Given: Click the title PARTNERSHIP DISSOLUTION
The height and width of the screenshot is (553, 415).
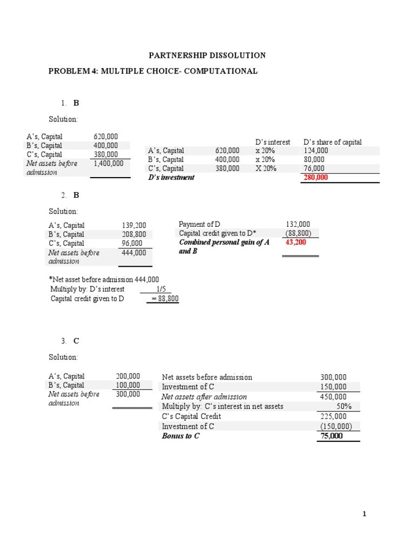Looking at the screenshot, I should (x=207, y=55).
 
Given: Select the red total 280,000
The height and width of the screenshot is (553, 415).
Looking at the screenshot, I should (x=316, y=177).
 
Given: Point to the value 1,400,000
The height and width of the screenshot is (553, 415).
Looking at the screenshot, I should (x=109, y=163).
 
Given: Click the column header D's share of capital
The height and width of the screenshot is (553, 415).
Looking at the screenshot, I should (x=332, y=142).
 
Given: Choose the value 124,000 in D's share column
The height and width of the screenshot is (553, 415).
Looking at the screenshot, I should (x=316, y=151).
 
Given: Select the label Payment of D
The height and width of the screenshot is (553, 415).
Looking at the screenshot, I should (x=199, y=224).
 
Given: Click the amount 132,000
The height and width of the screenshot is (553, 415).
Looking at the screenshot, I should (x=298, y=224).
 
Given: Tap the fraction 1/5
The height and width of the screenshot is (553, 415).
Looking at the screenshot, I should (x=160, y=289).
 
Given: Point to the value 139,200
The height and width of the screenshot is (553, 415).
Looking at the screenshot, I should (x=134, y=225).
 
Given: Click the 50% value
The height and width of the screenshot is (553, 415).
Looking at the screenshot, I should (x=344, y=407).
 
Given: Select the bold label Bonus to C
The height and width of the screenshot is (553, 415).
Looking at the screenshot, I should (x=180, y=436).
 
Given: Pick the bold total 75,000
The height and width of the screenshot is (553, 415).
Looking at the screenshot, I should (x=331, y=436).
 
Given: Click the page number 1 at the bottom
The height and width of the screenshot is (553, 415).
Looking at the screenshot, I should (x=364, y=514).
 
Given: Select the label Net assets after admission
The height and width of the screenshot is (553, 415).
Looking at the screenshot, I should (x=204, y=397).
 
